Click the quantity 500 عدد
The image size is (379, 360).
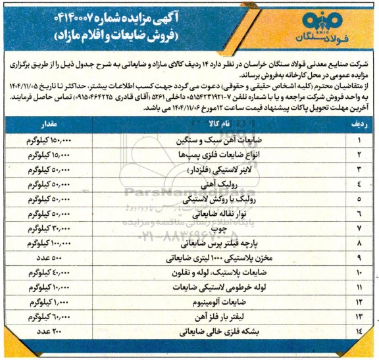pyautogui.click(x=59, y=256)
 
